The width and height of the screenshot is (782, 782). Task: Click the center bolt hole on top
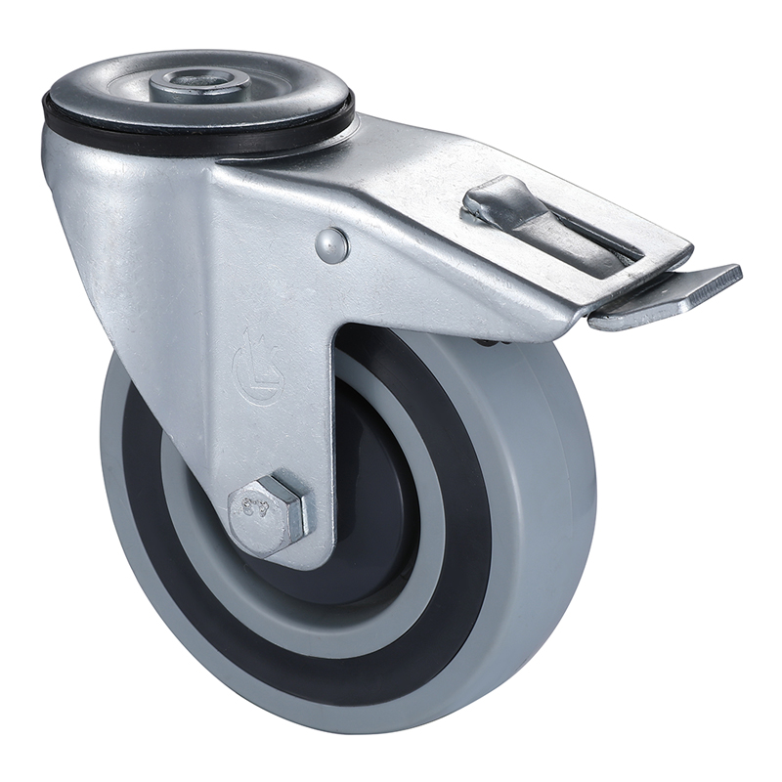[x=192, y=78]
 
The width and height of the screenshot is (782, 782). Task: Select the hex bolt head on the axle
[x=264, y=511]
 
